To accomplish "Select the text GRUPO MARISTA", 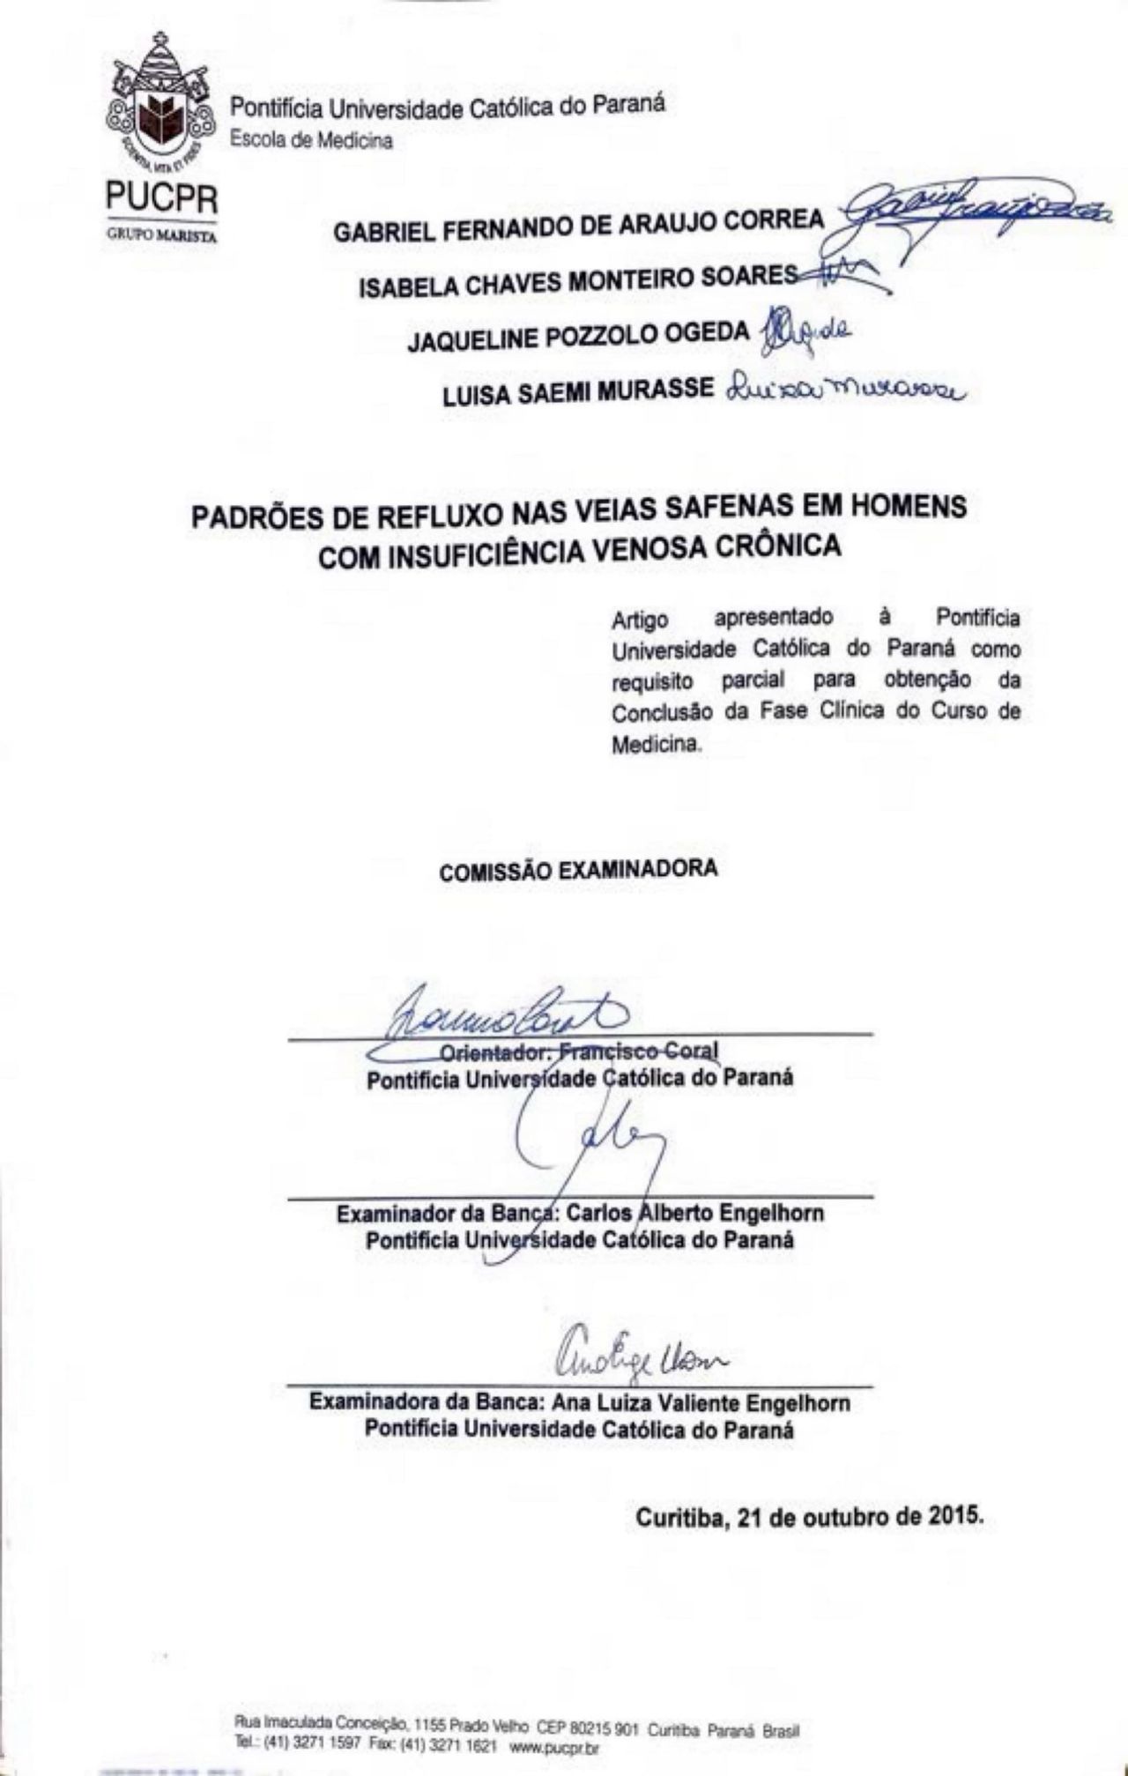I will [x=161, y=235].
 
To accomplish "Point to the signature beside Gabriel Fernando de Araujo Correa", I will [x=969, y=212].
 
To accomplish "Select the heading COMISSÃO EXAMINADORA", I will [x=578, y=869].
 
